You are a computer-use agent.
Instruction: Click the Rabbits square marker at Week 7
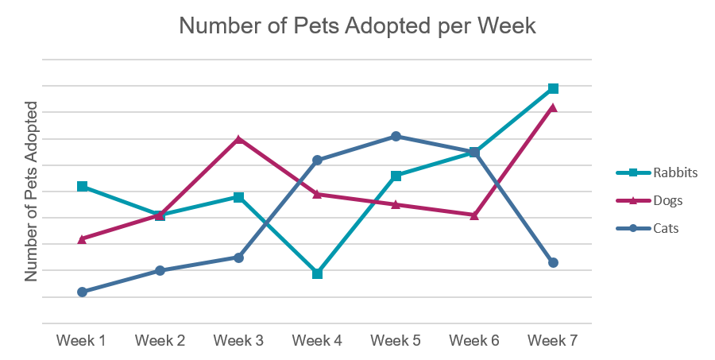click(x=553, y=88)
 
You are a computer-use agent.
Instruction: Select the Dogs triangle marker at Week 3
click(x=238, y=139)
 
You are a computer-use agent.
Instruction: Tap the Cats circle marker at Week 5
click(x=396, y=136)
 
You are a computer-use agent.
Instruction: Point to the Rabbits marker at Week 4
click(x=317, y=274)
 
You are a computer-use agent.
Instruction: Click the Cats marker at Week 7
click(x=553, y=262)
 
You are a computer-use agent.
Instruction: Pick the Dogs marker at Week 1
click(x=82, y=238)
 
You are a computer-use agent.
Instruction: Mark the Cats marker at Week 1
click(x=82, y=292)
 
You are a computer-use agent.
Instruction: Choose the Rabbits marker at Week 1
click(x=82, y=186)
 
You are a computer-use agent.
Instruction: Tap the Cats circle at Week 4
click(x=317, y=160)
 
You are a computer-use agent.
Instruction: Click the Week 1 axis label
click(x=82, y=341)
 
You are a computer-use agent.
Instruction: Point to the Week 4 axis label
click(x=317, y=341)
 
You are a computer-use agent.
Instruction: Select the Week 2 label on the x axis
click(x=160, y=341)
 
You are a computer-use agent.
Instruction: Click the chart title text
click(x=357, y=26)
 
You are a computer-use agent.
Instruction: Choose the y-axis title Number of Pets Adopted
click(x=32, y=192)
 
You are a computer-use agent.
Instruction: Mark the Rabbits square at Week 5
click(x=396, y=176)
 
